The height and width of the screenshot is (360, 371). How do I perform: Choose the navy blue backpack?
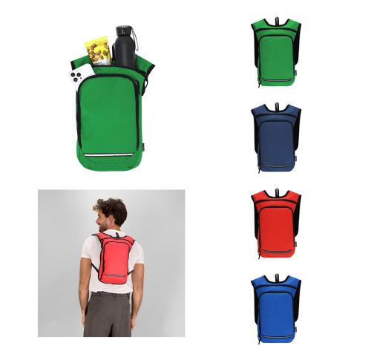click(278, 137)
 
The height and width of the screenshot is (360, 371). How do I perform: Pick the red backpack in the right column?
click(278, 223)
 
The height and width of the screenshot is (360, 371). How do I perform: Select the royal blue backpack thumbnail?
click(278, 308)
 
